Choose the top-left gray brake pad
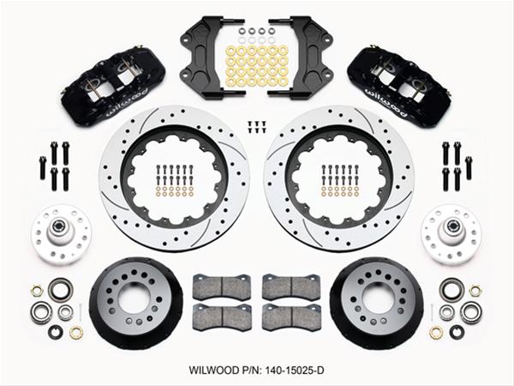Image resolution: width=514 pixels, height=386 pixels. pyautogui.click(x=221, y=286)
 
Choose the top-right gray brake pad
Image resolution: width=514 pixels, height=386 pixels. pyautogui.click(x=290, y=286)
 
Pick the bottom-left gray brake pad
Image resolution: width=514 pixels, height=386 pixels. pyautogui.click(x=221, y=316)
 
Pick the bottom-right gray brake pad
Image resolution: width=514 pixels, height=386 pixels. pyautogui.click(x=290, y=316)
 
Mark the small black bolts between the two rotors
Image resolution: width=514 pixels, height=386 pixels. pyautogui.click(x=255, y=125)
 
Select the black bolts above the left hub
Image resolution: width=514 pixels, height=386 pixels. pyautogui.click(x=53, y=165)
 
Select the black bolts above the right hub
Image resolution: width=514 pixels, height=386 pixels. pyautogui.click(x=457, y=165)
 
